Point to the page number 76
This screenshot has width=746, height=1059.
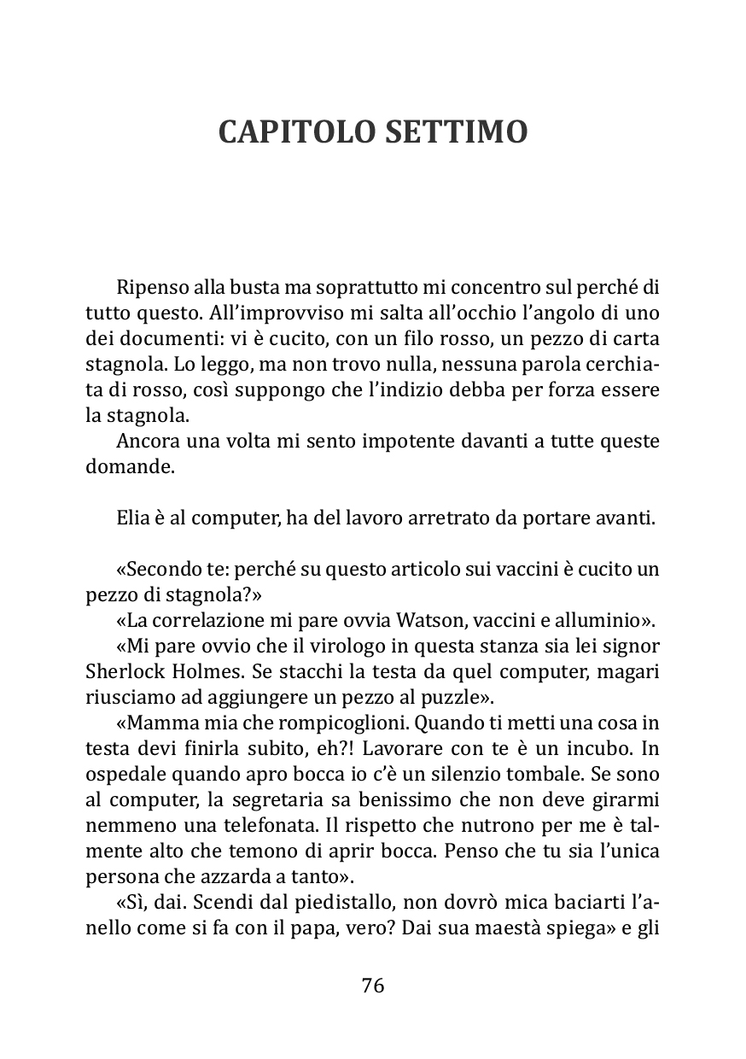point(373,985)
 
